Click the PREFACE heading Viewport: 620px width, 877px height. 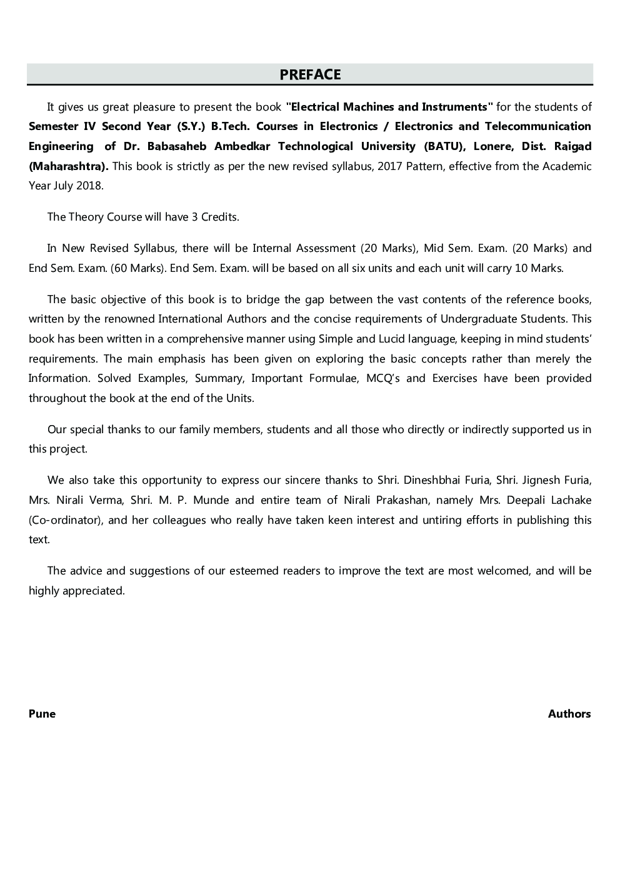[x=310, y=74]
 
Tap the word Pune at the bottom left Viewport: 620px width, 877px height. [x=42, y=714]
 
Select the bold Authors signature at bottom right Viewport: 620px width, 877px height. [x=569, y=714]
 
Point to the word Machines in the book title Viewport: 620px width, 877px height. [x=369, y=107]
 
